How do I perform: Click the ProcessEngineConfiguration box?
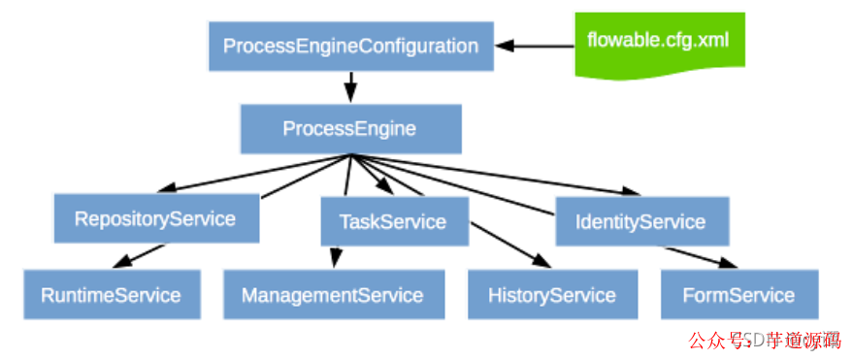350,46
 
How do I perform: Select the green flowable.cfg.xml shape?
658,43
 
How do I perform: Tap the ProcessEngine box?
349,129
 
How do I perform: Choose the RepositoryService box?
155,218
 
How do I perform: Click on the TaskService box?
393,221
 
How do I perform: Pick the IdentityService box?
640,221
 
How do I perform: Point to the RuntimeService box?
111,295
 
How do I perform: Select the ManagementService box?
333,295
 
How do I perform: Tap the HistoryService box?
551,295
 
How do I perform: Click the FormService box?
738,295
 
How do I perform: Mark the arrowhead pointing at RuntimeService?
122,263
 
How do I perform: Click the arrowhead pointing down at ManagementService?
336,259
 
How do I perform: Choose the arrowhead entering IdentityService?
632,190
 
